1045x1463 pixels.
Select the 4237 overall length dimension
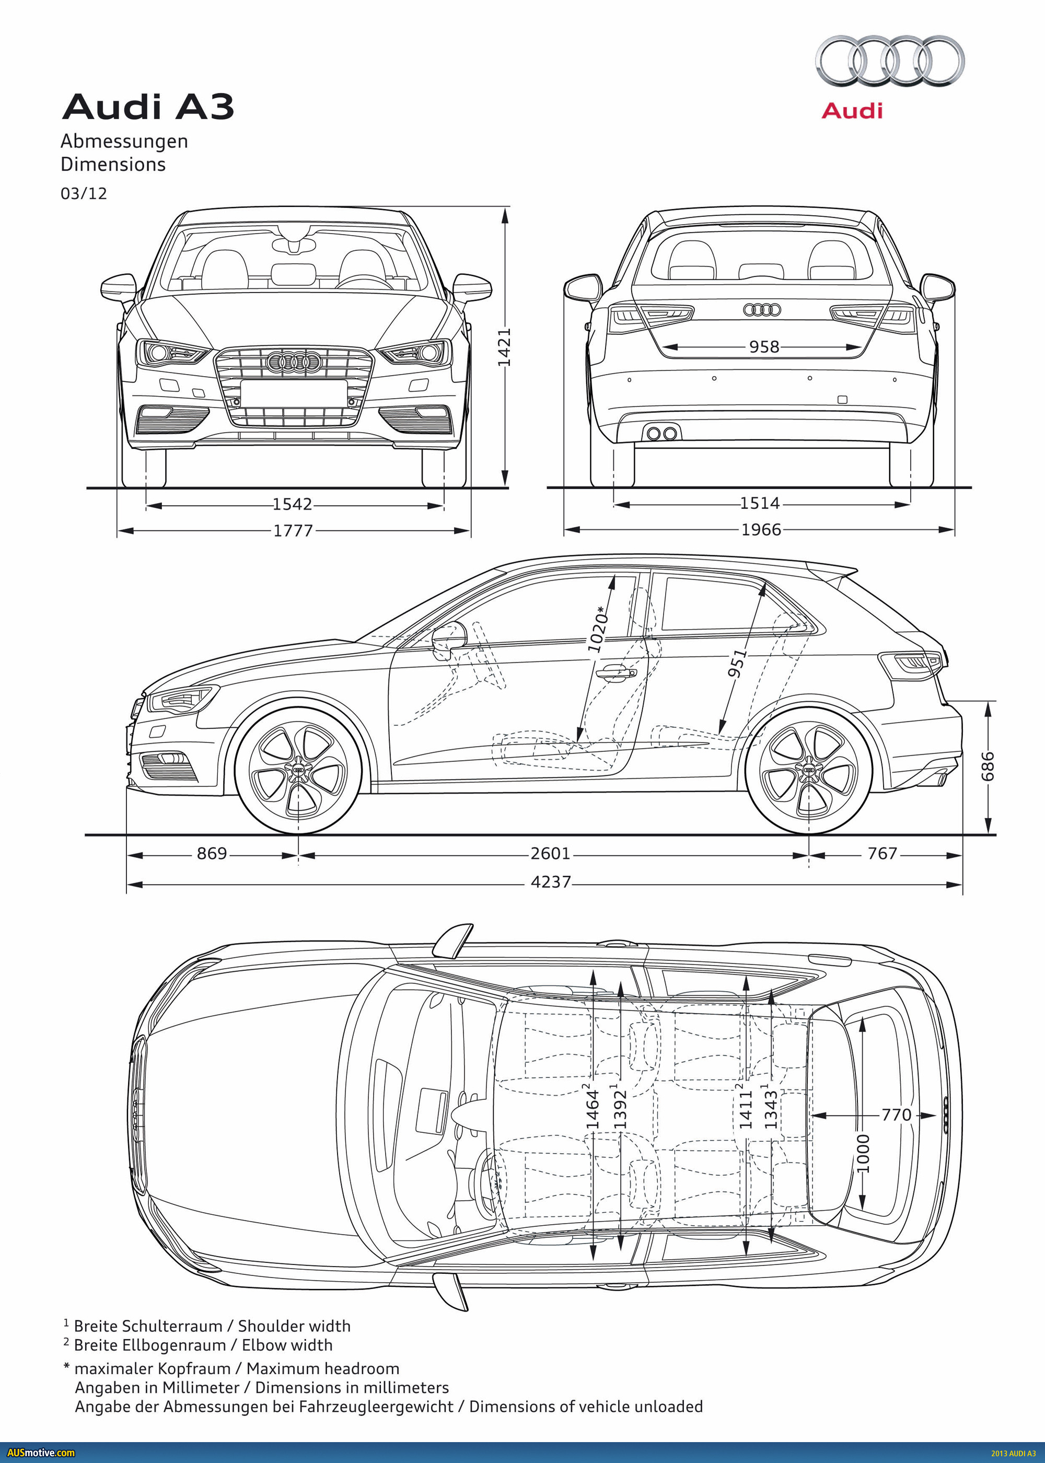pos(550,881)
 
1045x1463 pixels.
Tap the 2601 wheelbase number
pos(550,853)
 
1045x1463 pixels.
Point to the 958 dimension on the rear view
pos(764,347)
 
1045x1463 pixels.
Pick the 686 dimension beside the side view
pos(987,766)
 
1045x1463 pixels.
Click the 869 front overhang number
pos(212,853)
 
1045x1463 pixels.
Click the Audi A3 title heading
pos(147,107)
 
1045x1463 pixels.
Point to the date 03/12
pos(84,194)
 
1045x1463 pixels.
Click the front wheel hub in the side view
pos(298,770)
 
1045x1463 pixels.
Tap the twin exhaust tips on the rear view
pos(661,433)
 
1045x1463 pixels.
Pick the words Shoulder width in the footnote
pos(294,1326)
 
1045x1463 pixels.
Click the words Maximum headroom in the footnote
pos(322,1368)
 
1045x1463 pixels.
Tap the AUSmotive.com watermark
pos(41,1453)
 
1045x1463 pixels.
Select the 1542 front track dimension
pos(292,504)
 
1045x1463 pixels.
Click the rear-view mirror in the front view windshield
pos(294,245)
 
